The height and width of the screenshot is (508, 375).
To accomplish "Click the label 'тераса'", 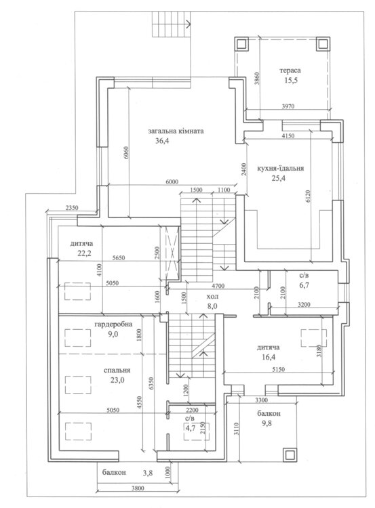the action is coord(290,70).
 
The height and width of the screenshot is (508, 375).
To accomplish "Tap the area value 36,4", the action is coord(163,141).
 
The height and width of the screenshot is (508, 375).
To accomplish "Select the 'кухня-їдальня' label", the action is coord(281,169).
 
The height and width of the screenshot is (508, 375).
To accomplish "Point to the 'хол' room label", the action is coord(212,297).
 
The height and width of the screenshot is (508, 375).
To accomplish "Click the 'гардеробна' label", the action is coord(113,324).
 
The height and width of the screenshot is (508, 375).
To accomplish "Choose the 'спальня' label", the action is coord(117,371).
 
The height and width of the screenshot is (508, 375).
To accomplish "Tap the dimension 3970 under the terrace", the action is coord(288,106).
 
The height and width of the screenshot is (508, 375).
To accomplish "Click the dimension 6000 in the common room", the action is coord(172,182).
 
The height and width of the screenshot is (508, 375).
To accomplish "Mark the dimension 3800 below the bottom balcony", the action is coord(138,488).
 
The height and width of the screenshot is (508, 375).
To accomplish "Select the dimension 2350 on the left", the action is coord(72,208).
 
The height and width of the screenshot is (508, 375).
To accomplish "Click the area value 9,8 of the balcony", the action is coord(267,423).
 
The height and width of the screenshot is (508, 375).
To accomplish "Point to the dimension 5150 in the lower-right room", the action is coord(278,369).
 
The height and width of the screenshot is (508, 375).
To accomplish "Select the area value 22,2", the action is coord(84,253).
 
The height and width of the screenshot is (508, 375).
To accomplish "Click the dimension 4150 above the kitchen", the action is coord(288,136).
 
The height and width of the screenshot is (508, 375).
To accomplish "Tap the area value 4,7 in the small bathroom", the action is coord(191,428).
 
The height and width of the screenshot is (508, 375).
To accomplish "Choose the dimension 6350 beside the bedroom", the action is coord(151,383).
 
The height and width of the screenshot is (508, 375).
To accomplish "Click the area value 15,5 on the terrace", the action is coord(291,81).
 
